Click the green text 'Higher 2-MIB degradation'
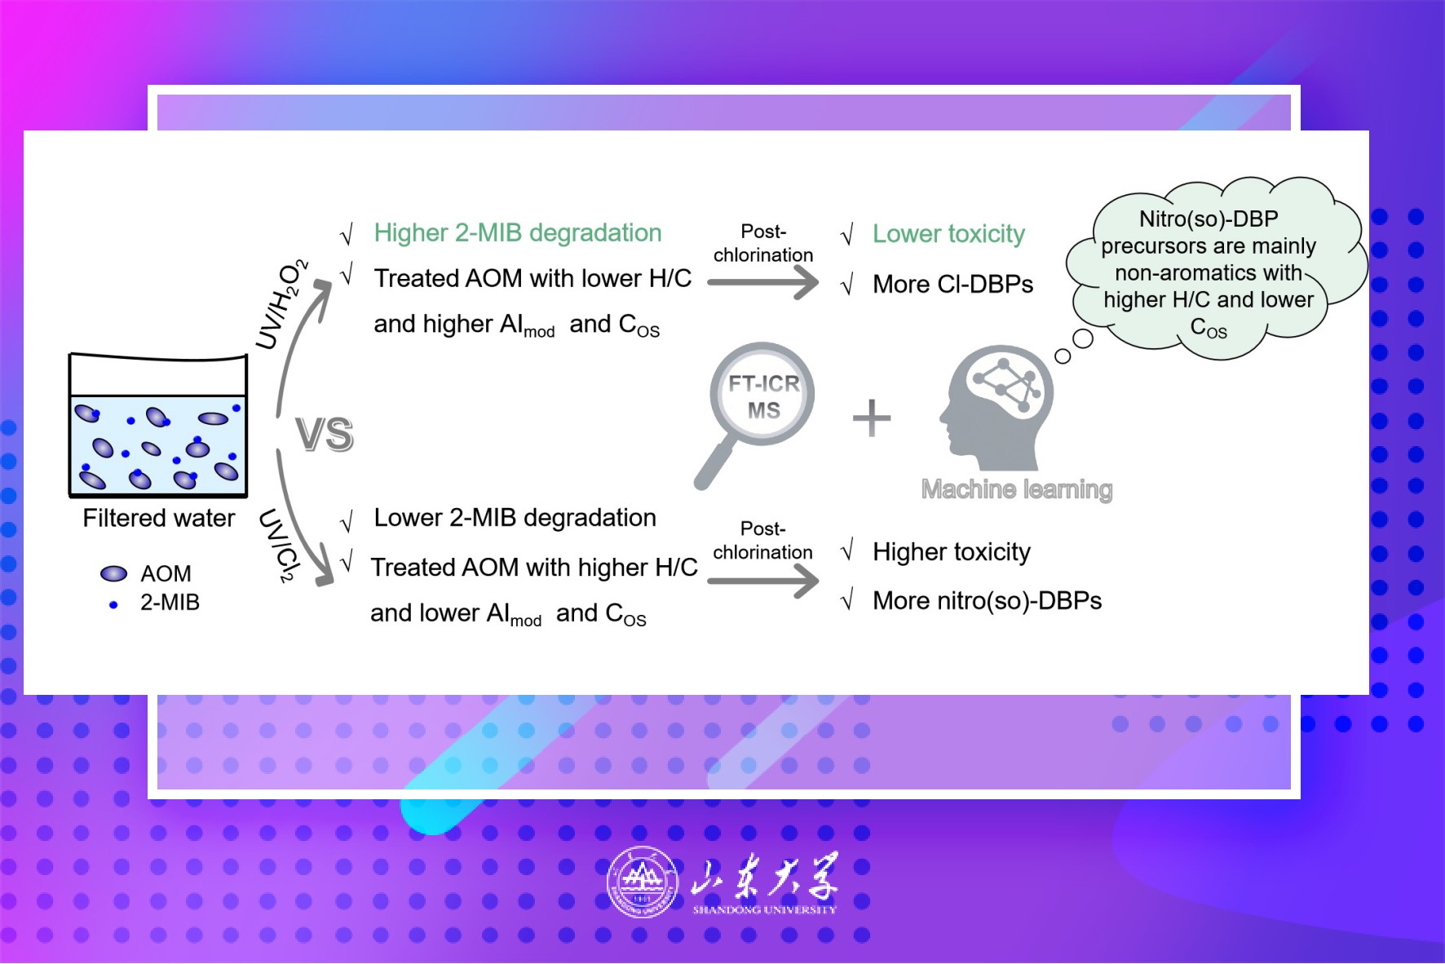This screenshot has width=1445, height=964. coord(518,233)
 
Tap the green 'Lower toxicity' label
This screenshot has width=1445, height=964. coord(948,234)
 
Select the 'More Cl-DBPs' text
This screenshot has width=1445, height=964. coord(952,284)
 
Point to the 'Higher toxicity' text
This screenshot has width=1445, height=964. coord(952,552)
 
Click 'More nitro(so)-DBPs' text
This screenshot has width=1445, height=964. coord(987,601)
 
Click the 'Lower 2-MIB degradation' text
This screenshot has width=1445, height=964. coord(515,518)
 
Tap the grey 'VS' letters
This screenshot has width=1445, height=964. coord(325,434)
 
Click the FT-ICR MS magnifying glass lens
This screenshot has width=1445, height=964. coord(762,394)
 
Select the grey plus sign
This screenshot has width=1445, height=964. coord(872,418)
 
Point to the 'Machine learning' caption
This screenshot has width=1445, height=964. coord(1017,489)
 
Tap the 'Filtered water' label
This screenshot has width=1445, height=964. coord(159,518)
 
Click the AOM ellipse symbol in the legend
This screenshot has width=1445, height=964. coord(113,573)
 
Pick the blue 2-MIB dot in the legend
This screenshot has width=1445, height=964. coord(113,604)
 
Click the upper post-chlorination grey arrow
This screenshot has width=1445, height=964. coord(762,283)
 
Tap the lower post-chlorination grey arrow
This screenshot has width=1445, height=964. coord(762,581)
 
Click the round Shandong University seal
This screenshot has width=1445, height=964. coord(643,882)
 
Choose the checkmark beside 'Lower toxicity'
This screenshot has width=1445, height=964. coord(846,235)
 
